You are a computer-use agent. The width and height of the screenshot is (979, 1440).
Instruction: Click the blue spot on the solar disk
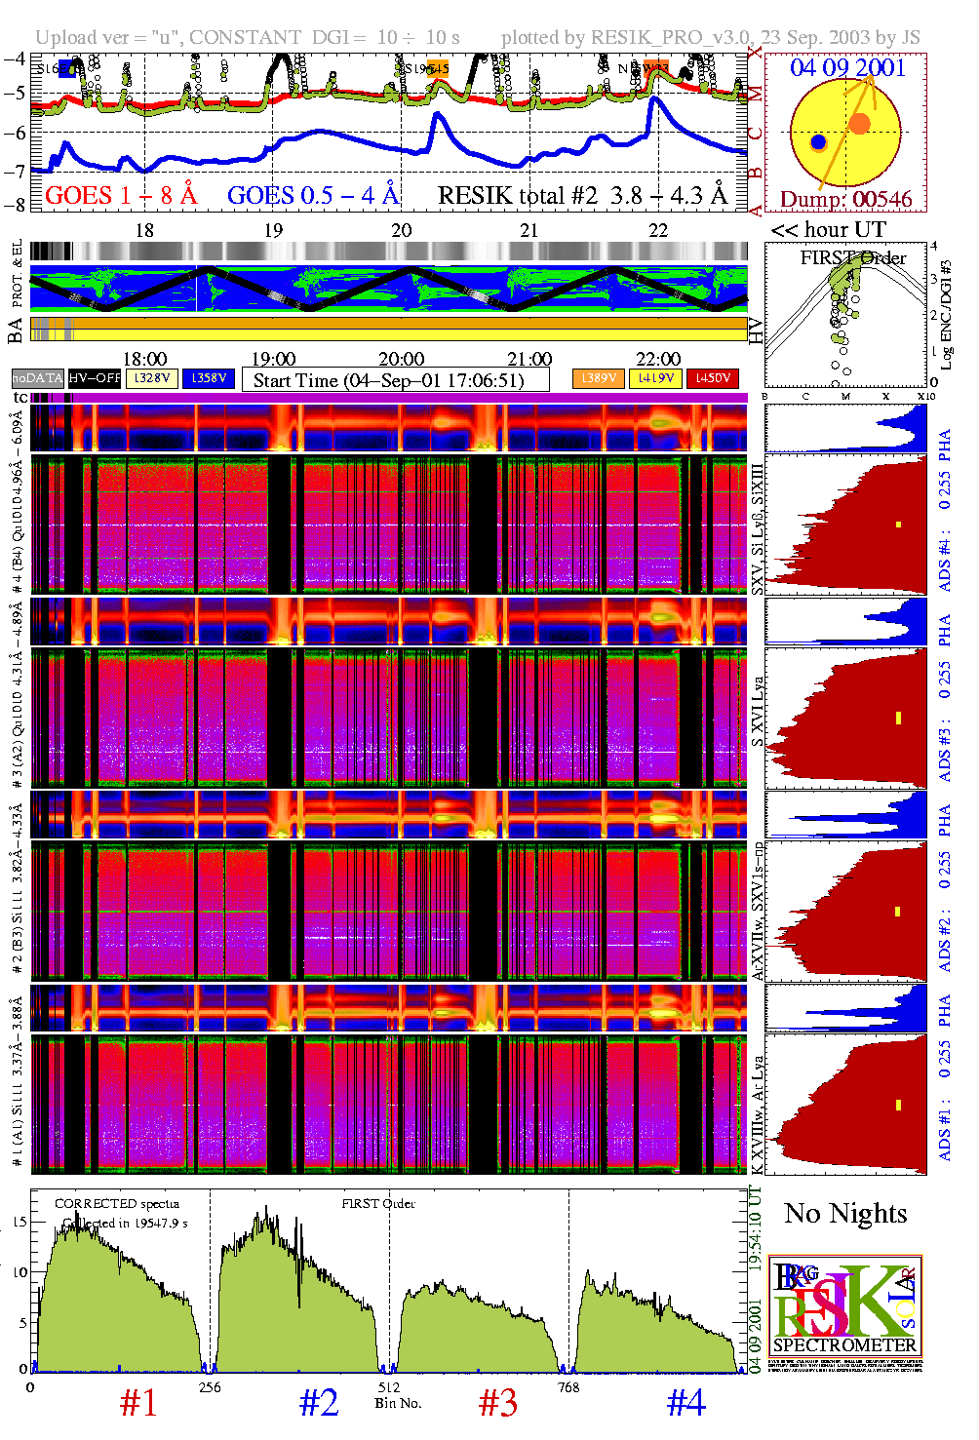point(818,142)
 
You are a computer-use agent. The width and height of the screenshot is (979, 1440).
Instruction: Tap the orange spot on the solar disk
point(859,123)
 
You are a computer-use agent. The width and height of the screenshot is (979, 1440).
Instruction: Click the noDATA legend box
point(37,377)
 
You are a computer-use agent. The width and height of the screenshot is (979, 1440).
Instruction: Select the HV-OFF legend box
point(95,377)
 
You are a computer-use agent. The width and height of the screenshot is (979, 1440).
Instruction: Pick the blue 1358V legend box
point(209,377)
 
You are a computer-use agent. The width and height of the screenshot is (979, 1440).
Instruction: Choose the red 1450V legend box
point(713,378)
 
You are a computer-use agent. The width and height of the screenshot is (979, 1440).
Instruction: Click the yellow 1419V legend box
point(656,378)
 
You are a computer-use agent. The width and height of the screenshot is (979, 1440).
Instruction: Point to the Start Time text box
point(395,380)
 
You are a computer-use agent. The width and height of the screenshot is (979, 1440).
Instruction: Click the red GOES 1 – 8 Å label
point(121,196)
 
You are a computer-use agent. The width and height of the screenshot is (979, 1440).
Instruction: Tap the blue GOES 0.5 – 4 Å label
point(313,196)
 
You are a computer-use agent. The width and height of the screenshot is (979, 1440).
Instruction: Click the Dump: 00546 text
point(845,200)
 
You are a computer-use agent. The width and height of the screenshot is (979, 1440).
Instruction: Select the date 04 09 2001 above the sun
point(847,67)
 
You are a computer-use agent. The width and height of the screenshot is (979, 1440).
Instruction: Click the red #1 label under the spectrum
point(138,1403)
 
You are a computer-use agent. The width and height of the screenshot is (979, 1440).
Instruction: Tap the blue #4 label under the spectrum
point(685,1403)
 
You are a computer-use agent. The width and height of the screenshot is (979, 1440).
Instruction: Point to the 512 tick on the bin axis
point(389,1386)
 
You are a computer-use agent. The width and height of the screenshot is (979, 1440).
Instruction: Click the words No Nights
point(845,1214)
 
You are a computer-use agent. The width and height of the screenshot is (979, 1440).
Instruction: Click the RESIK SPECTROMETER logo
point(844,1306)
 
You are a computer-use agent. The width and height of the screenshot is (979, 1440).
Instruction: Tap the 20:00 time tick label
point(401,360)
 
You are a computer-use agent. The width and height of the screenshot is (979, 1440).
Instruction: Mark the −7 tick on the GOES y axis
point(15,172)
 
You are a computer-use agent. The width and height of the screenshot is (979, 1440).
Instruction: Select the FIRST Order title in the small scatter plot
point(853,258)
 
